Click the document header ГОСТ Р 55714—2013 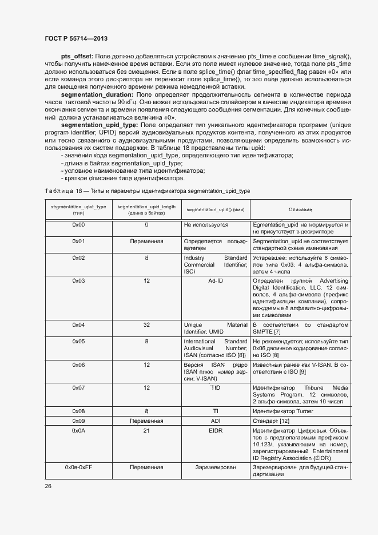[76, 38]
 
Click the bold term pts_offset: [77, 56]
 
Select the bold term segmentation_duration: [97, 94]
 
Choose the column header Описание [300, 210]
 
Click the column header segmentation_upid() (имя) [215, 210]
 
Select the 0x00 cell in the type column [78, 225]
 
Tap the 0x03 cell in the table [78, 281]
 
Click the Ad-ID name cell [215, 281]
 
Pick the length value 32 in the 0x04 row [146, 325]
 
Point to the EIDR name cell [215, 431]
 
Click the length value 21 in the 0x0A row [146, 431]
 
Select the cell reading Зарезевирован [215, 467]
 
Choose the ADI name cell [215, 421]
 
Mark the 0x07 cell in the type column [78, 387]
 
